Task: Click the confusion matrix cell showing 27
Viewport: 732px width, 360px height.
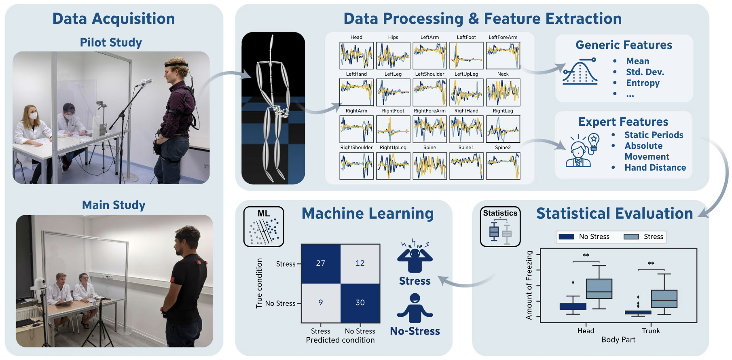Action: click(x=321, y=264)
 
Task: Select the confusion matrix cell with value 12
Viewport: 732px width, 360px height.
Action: click(x=360, y=264)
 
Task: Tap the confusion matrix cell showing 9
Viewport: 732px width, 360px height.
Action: click(x=321, y=303)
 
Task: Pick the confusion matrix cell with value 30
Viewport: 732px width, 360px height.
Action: click(x=360, y=303)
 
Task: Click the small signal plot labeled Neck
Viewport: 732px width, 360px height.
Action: click(x=503, y=92)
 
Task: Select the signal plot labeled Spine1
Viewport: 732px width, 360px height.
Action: click(x=466, y=166)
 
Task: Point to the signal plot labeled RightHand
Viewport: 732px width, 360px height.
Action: click(x=466, y=129)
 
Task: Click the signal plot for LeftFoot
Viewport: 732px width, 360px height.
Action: click(x=466, y=55)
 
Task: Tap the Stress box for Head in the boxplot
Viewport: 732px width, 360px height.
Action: click(x=599, y=289)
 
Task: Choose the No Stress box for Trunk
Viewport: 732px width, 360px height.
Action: click(x=638, y=312)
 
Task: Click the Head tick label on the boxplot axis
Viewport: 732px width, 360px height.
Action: click(x=586, y=331)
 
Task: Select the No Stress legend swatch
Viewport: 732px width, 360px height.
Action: click(x=566, y=237)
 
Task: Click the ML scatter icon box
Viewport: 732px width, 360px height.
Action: click(x=264, y=227)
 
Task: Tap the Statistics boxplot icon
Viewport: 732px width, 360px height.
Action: click(x=500, y=227)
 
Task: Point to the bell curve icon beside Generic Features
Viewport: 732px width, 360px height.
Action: click(x=580, y=72)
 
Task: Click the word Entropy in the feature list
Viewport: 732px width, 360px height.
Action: click(x=643, y=83)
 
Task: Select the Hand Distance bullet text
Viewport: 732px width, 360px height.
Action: click(x=655, y=167)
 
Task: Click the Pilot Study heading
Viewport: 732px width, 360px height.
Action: click(x=111, y=42)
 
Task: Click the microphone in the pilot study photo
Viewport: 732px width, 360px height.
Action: click(x=144, y=83)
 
